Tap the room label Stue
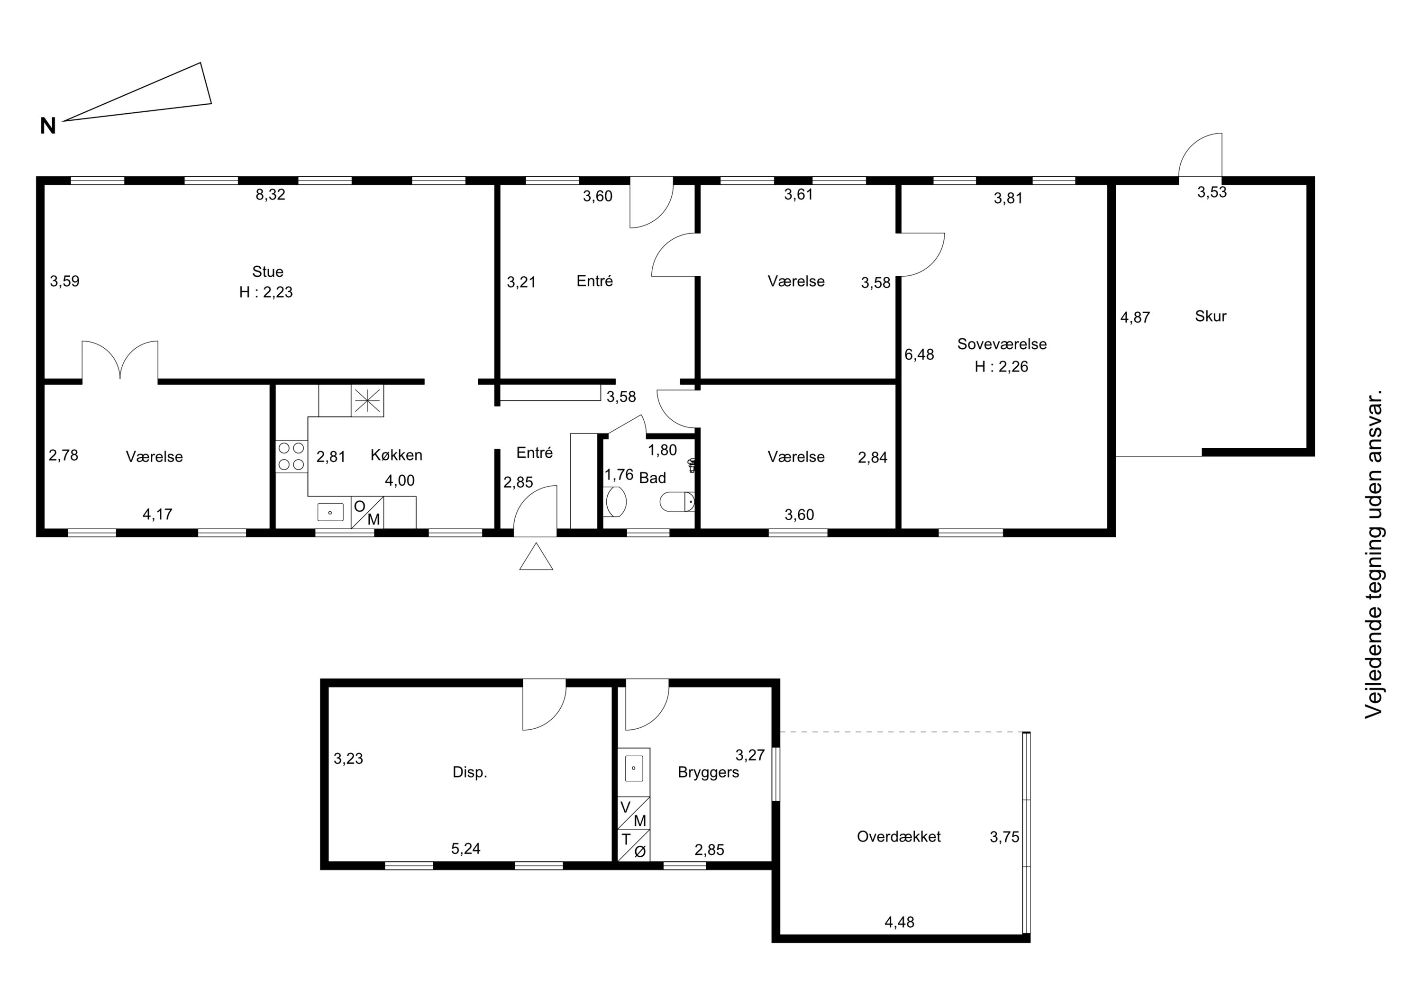[x=267, y=271]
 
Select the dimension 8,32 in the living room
[x=271, y=194]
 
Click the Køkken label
[x=396, y=455]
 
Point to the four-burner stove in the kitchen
[x=291, y=456]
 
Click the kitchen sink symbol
[x=330, y=512]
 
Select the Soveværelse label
[x=1002, y=344]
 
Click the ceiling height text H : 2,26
[x=1002, y=367]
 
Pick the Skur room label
[x=1210, y=317]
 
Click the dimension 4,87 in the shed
[x=1135, y=317]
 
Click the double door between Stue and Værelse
[x=120, y=361]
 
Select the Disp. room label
[x=470, y=773]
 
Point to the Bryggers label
[x=709, y=773]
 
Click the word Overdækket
[x=899, y=837]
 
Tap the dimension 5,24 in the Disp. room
[x=466, y=849]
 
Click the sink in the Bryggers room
[x=634, y=769]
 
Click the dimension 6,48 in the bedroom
[x=919, y=355]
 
